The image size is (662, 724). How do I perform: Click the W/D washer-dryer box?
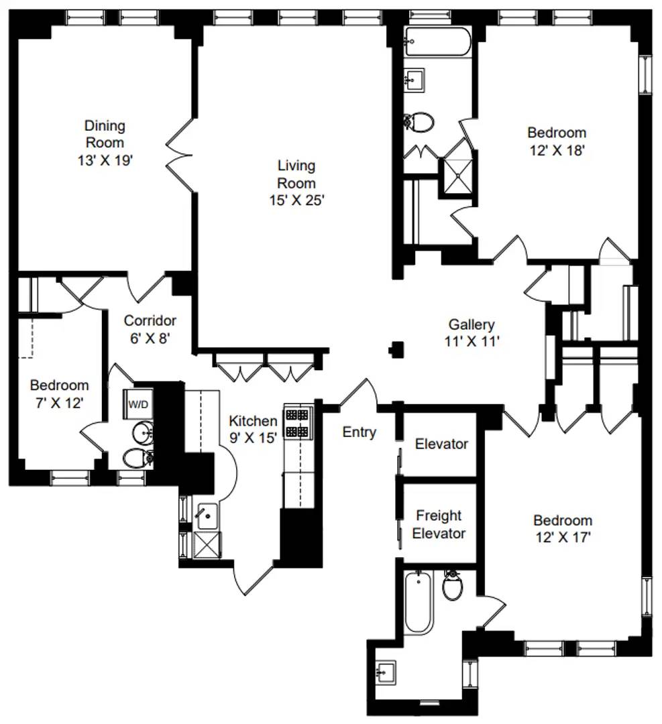[x=138, y=404]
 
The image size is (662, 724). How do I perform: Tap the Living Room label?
[x=296, y=174]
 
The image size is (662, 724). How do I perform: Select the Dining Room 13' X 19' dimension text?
[x=105, y=160]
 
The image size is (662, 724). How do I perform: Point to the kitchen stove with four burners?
[x=297, y=423]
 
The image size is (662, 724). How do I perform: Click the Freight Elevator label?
[x=439, y=524]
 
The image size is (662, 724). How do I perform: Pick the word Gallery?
[x=472, y=324]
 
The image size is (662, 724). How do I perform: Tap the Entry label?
[x=360, y=432]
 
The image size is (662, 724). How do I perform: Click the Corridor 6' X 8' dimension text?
[x=150, y=339]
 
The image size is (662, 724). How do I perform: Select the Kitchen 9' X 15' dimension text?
[x=253, y=438]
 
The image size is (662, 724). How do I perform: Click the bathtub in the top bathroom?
[x=437, y=42]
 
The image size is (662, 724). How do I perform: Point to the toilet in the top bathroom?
[x=419, y=122]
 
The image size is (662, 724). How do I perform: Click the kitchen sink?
[x=207, y=516]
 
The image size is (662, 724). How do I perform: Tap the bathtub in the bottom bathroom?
[x=419, y=601]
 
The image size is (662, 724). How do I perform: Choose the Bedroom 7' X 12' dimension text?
[x=59, y=403]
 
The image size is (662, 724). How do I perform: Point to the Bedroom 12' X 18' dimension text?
[x=557, y=151]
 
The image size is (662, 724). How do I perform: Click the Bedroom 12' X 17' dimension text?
[x=563, y=538]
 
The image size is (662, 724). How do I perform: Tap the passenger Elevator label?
[x=441, y=444]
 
